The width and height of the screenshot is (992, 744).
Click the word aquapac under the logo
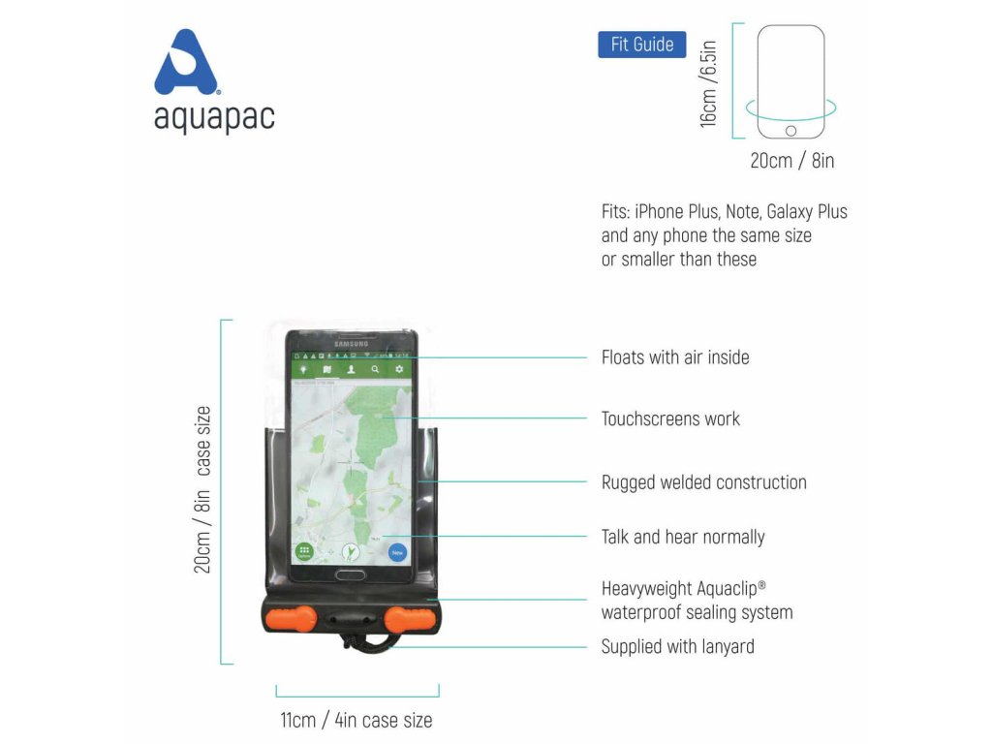(x=214, y=117)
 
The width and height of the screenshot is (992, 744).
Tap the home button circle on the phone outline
(x=790, y=131)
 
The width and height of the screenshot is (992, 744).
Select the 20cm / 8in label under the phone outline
(x=791, y=161)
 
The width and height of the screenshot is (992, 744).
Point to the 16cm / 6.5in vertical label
(x=709, y=81)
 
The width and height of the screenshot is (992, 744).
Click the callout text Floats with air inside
(x=675, y=357)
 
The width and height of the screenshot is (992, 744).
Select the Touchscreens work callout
(x=670, y=419)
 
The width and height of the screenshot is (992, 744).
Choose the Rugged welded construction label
(x=703, y=482)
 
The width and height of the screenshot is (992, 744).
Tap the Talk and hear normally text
(x=683, y=537)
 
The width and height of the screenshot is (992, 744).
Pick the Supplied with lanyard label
(x=677, y=646)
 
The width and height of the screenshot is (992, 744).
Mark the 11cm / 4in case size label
(x=356, y=720)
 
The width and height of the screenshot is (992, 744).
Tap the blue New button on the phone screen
(x=397, y=552)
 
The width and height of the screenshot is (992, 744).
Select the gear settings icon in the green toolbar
(x=398, y=370)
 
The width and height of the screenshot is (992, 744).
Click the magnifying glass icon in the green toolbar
(x=375, y=370)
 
